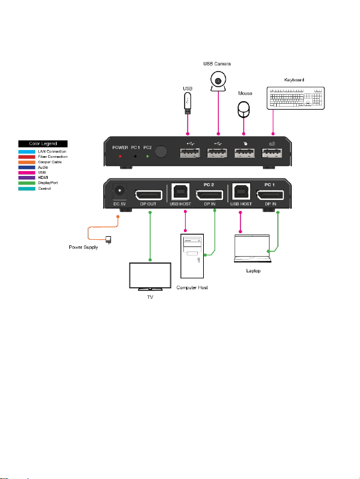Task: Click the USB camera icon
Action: pos(218,81)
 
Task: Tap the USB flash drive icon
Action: pos(188,103)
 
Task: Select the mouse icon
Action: pos(244,110)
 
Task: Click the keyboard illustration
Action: pos(295,98)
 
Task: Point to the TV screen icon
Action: pos(150,276)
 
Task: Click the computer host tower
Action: pos(192,256)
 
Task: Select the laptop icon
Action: pos(253,248)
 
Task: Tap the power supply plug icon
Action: pos(108,240)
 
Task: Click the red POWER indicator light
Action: pos(120,157)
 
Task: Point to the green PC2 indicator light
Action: pos(147,157)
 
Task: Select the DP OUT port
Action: pos(149,195)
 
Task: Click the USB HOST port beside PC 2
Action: pos(180,192)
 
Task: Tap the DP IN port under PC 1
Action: pos(270,195)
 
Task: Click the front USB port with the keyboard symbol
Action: pos(272,153)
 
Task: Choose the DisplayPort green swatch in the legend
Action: pos(27,183)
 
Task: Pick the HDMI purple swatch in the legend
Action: pos(27,178)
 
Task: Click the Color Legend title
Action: pos(43,143)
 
